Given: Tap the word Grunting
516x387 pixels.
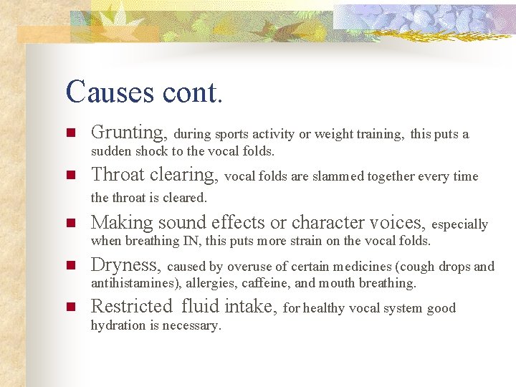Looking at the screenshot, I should (129, 133).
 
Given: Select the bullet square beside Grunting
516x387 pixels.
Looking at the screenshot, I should (70, 133).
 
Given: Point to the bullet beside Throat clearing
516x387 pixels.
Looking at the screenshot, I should (70, 176).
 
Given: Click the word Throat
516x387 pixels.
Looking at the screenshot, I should (119, 175).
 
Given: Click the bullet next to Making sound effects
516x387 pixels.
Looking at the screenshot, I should (70, 223).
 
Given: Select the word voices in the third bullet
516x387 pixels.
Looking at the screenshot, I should (397, 223).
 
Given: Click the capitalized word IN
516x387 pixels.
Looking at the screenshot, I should (189, 241).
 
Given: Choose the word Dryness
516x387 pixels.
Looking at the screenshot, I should (125, 265).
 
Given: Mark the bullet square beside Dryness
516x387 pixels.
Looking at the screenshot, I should (70, 266).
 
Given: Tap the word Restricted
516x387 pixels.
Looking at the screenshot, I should (132, 307).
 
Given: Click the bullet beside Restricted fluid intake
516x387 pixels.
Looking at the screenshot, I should (70, 307).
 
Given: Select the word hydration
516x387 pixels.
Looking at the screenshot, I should (118, 325).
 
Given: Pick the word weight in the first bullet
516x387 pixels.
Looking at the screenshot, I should (334, 134).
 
